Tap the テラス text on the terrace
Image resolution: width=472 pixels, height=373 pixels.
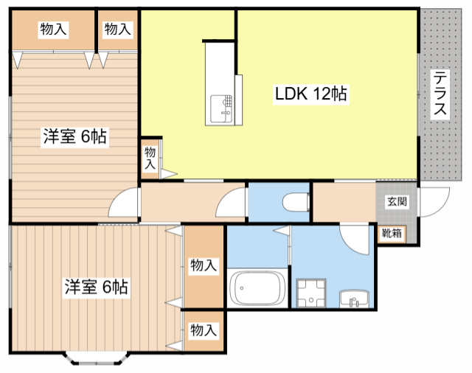pos(440,94)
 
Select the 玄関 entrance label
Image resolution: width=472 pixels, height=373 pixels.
pos(396,201)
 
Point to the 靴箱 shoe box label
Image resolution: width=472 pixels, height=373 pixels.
pos(392,234)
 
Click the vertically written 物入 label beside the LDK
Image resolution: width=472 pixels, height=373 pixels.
pos(150,158)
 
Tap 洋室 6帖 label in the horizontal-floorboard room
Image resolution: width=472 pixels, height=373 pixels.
pos(74,136)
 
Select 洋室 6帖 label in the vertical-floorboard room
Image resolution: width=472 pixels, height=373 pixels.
pos(96,286)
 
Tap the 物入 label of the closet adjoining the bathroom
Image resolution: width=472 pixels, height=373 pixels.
pos(204,265)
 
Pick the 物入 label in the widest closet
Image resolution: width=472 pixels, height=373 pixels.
pos(54,29)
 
